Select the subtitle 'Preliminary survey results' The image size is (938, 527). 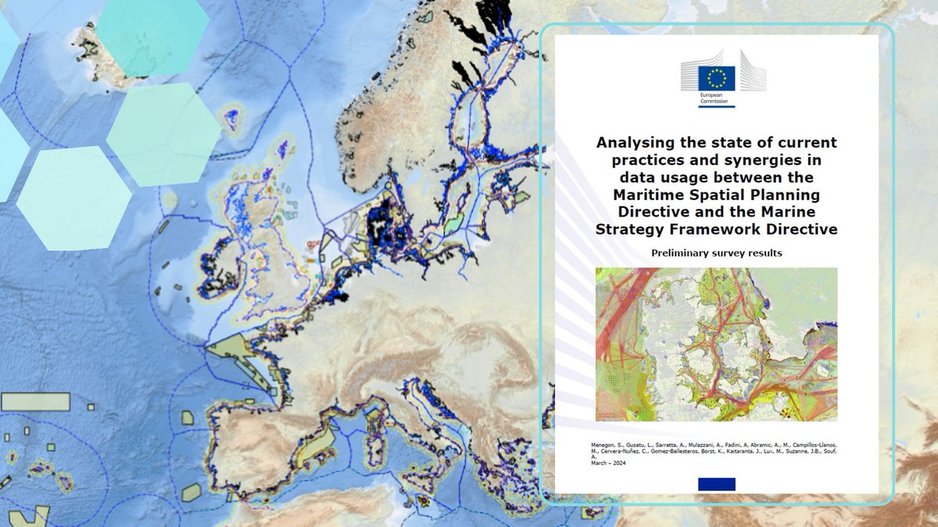(x=716, y=253)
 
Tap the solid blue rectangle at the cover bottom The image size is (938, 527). (x=716, y=484)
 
